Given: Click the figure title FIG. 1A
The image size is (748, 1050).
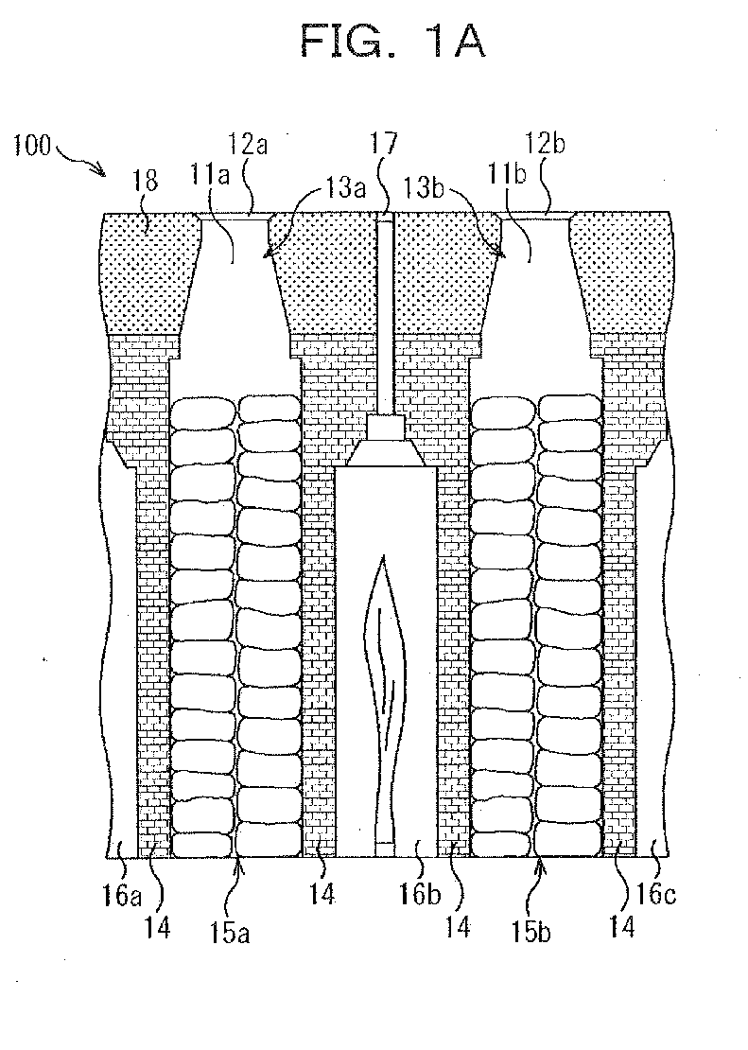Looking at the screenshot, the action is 392,41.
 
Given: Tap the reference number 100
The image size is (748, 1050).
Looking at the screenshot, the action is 32,145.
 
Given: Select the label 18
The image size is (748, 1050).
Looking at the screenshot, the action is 146,180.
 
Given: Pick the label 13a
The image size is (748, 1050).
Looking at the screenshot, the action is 345,188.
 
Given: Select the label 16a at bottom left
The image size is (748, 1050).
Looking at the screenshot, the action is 122,894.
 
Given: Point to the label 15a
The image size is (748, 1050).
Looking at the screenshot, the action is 231,932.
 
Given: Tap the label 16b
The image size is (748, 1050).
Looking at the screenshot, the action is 421,894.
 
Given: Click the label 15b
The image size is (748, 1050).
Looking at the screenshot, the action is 531,932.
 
